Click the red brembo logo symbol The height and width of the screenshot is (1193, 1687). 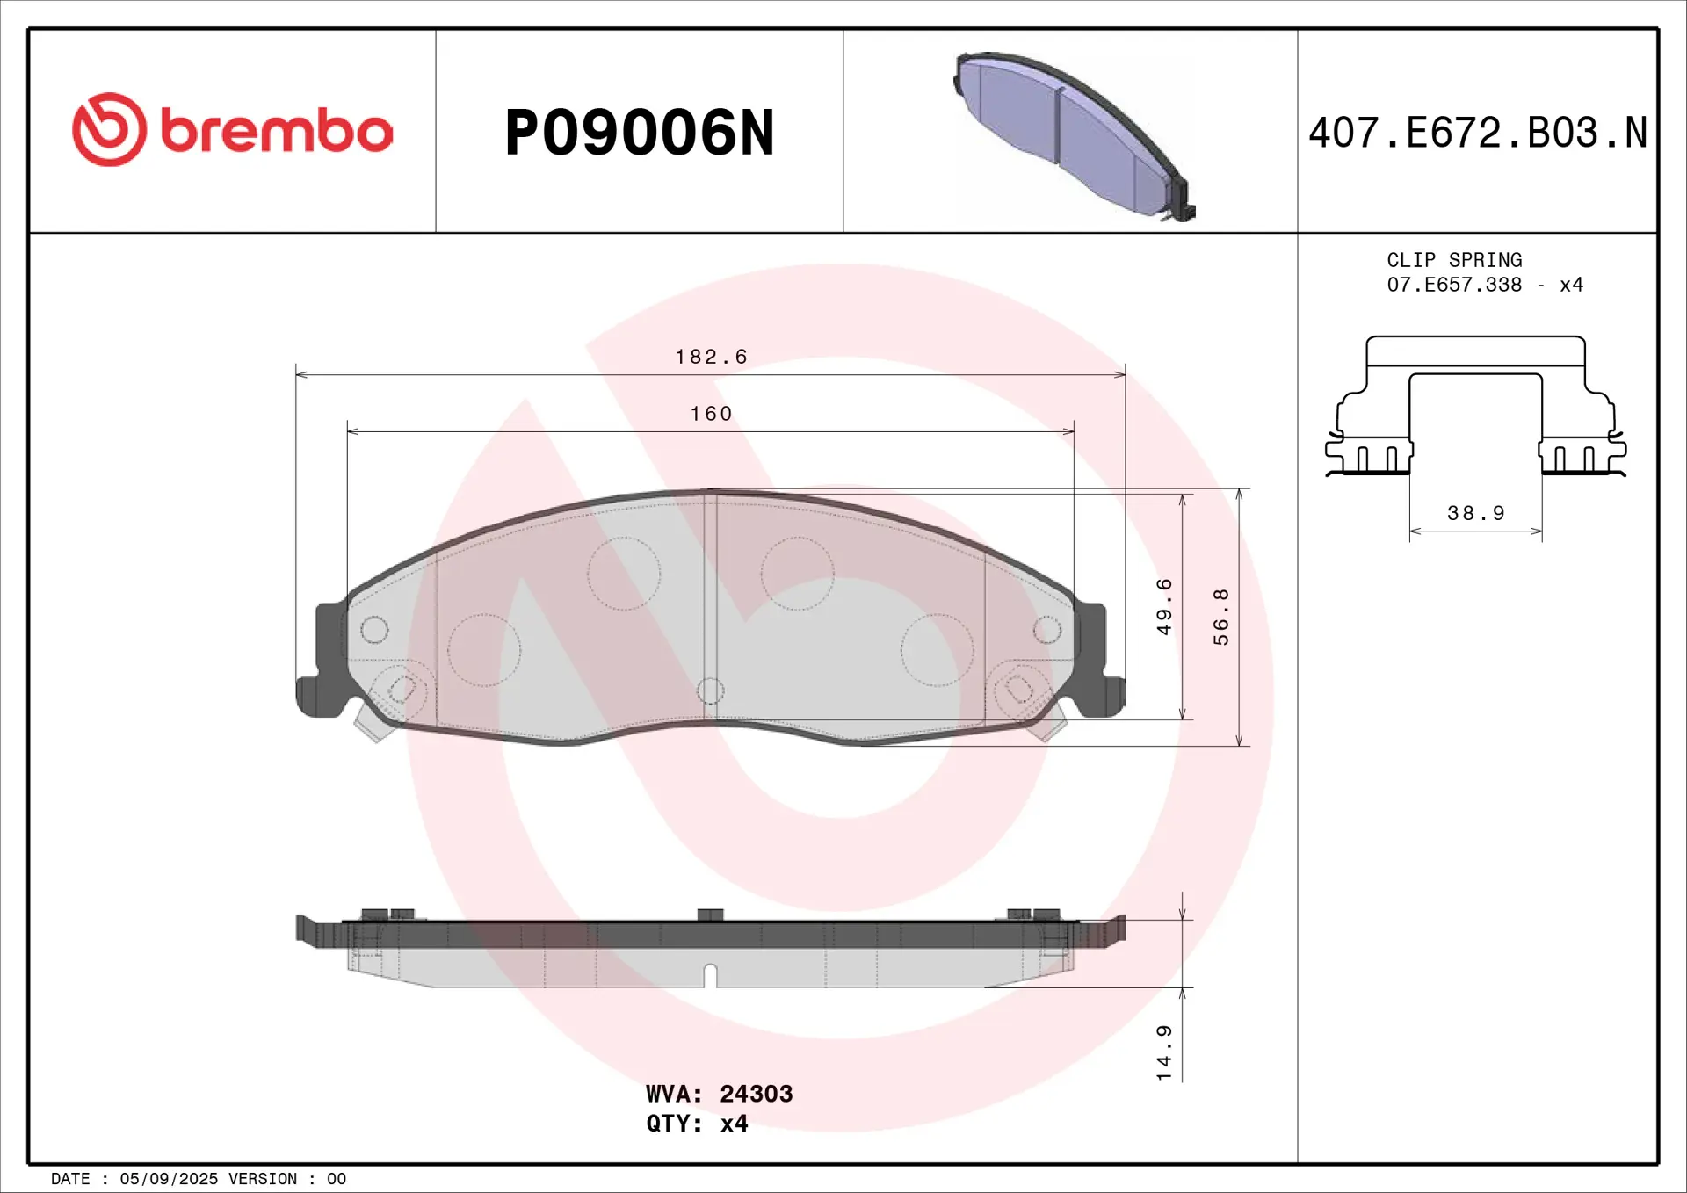click(109, 130)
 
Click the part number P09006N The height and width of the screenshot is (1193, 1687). click(639, 134)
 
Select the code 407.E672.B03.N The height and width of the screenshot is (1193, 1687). click(1477, 134)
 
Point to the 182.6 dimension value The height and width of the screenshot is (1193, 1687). click(711, 357)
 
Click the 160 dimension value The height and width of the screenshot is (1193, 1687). click(711, 414)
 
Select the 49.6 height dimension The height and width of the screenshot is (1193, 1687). click(1163, 606)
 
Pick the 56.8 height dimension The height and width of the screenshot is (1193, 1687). click(1220, 617)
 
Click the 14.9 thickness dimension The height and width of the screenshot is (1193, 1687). click(1163, 1052)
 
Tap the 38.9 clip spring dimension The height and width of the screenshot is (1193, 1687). click(1476, 513)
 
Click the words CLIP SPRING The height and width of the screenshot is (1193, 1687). click(1454, 260)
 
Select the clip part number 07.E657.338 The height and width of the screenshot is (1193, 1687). click(1454, 285)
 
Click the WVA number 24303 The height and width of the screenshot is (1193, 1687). click(756, 1094)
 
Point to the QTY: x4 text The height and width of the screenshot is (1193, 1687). click(697, 1124)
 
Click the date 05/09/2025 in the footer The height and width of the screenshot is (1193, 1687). click(169, 1179)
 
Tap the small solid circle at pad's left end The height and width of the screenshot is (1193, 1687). click(374, 629)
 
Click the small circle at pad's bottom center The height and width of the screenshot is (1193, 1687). click(710, 690)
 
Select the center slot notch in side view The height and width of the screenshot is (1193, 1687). click(710, 975)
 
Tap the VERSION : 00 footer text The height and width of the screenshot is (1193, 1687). click(287, 1179)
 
